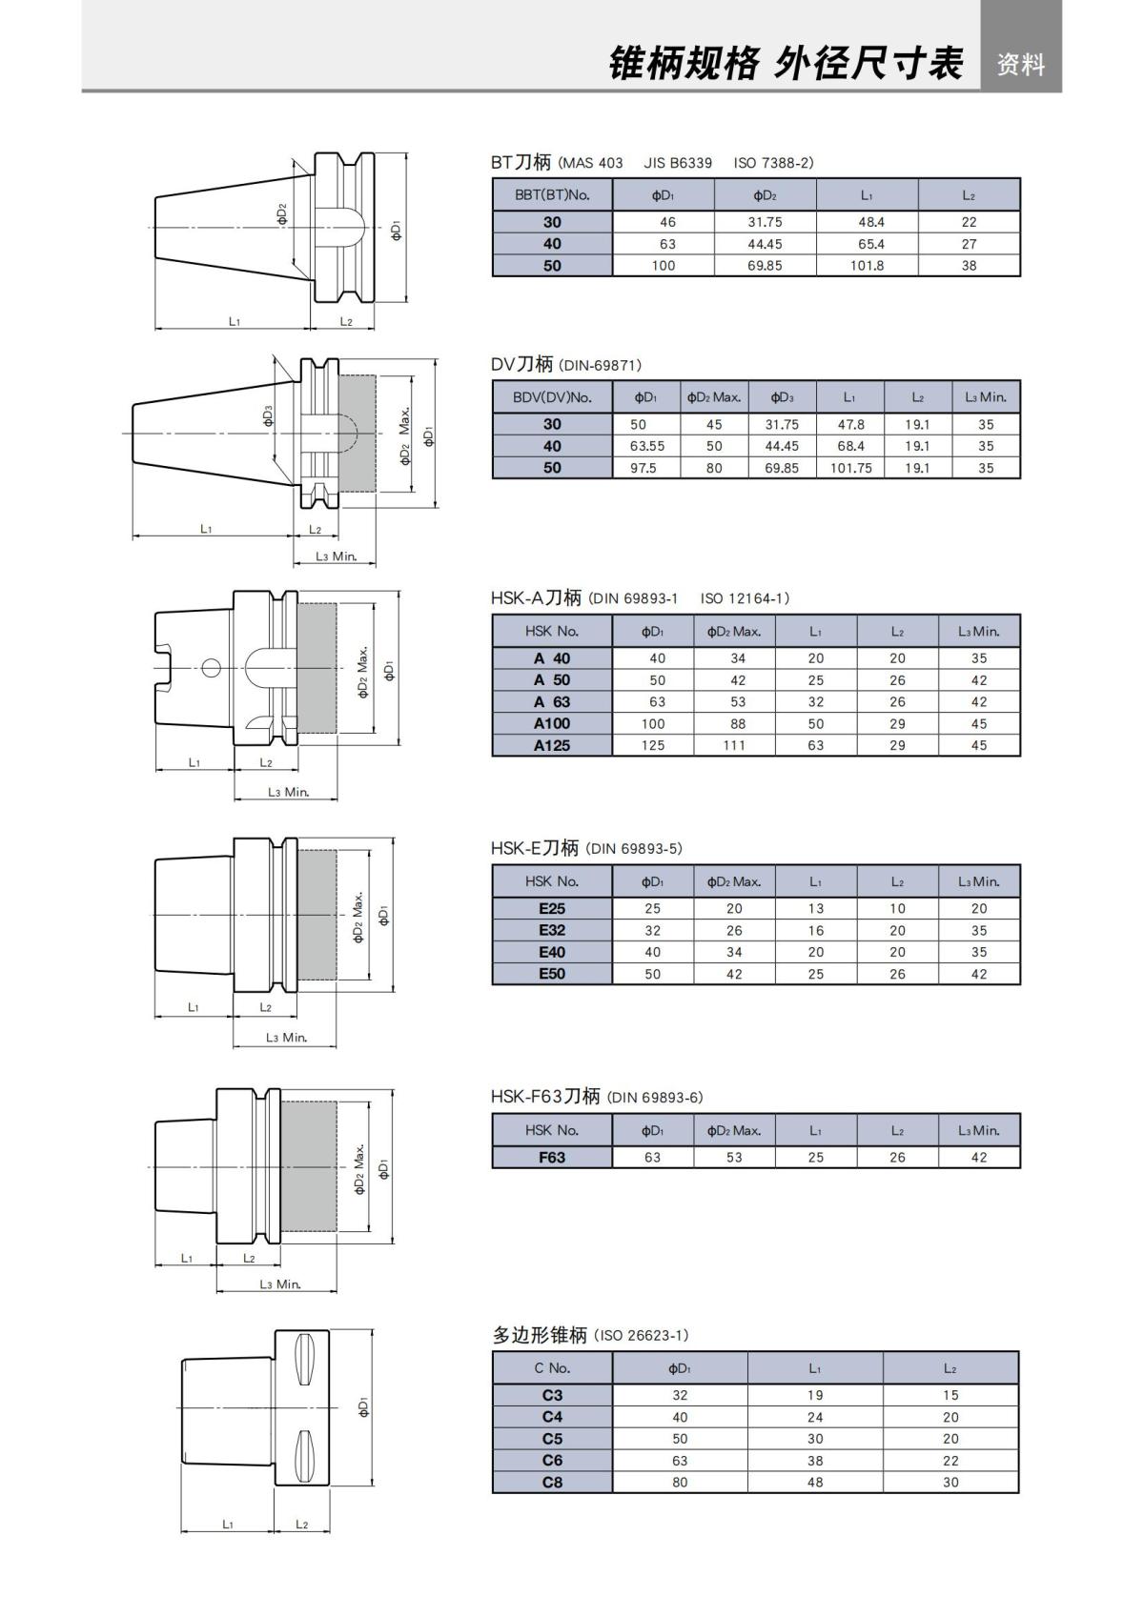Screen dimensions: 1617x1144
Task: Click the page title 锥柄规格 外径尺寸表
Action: tap(786, 64)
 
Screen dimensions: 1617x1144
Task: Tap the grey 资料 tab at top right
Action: tap(1021, 64)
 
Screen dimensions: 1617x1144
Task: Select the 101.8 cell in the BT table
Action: tap(867, 266)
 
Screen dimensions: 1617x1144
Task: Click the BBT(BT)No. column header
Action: tap(552, 195)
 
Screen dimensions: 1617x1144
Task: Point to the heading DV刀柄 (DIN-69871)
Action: tap(566, 364)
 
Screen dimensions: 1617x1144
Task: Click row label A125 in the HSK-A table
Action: tap(552, 745)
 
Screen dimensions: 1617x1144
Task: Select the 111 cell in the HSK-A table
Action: tap(734, 745)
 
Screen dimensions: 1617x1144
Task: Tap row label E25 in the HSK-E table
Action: tap(552, 908)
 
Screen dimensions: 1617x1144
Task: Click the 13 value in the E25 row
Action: tap(815, 908)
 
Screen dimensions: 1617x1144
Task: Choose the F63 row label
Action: tap(552, 1157)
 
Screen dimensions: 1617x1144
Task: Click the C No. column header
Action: tap(552, 1367)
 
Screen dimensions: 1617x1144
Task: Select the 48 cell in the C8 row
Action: tap(814, 1482)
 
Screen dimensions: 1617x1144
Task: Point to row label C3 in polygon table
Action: tap(552, 1395)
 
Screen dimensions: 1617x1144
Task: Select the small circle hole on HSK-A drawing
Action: tap(210, 666)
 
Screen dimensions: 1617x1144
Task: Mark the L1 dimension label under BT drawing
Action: tap(235, 321)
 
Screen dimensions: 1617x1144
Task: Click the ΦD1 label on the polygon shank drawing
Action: tap(363, 1407)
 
